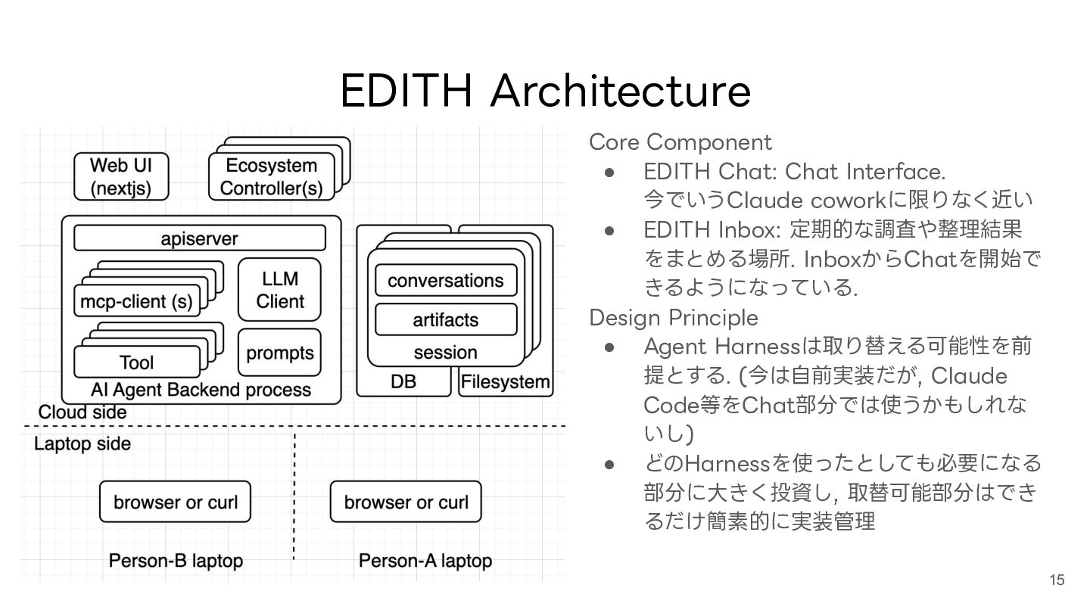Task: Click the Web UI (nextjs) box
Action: point(120,177)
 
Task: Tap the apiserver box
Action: point(200,239)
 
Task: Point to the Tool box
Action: point(136,363)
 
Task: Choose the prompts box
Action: point(279,353)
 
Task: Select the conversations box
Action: point(445,280)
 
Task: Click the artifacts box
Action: point(445,319)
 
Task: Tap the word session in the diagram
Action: point(445,353)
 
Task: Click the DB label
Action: point(403,382)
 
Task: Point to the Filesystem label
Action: point(505,382)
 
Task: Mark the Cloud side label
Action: point(83,412)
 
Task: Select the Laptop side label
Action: point(83,443)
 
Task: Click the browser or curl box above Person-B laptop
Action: point(175,502)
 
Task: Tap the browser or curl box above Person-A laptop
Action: point(406,502)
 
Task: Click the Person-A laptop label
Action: point(425,561)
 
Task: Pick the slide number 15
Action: point(1057,580)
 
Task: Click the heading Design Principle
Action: point(673,316)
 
